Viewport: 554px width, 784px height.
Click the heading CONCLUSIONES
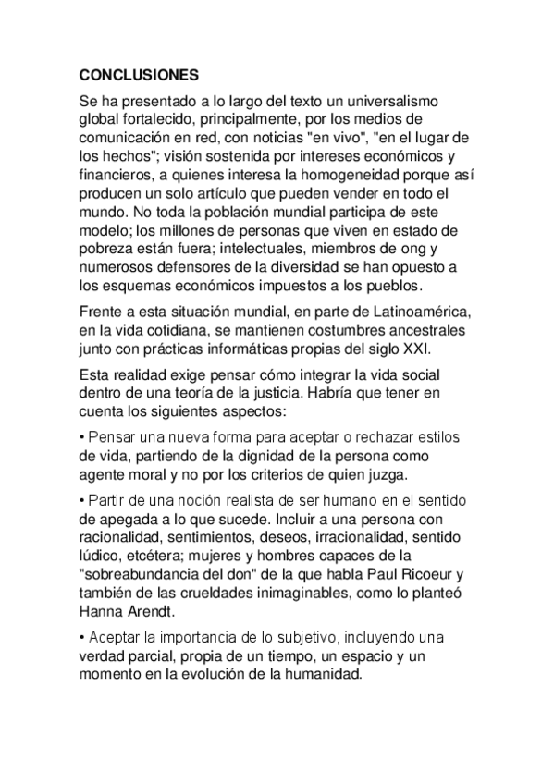point(138,72)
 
